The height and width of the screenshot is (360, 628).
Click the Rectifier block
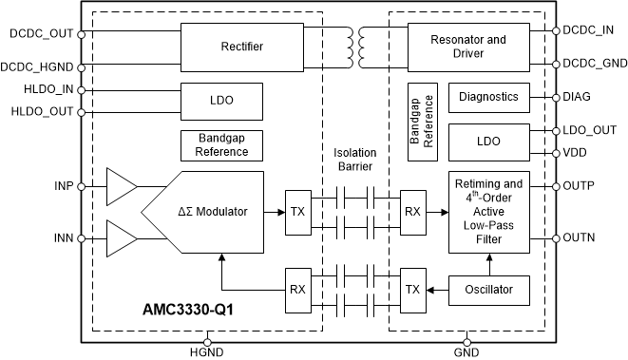[241, 46]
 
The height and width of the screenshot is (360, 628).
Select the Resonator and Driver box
[468, 46]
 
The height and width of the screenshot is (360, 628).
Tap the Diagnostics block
[487, 97]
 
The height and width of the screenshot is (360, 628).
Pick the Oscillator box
[487, 290]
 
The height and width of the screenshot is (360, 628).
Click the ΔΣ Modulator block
[213, 212]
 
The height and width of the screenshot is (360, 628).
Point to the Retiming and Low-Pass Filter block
[487, 213]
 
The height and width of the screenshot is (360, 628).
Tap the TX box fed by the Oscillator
[412, 290]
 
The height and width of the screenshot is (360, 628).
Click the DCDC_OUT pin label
[41, 34]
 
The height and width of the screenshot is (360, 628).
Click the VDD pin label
[578, 152]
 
